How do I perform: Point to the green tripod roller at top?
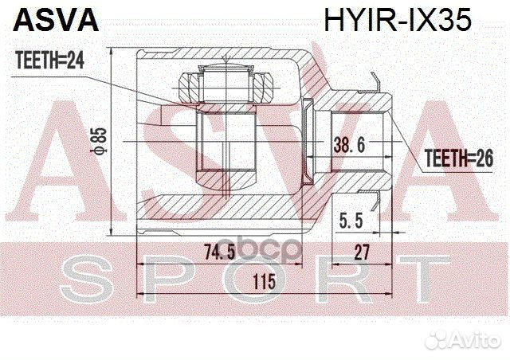228,84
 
